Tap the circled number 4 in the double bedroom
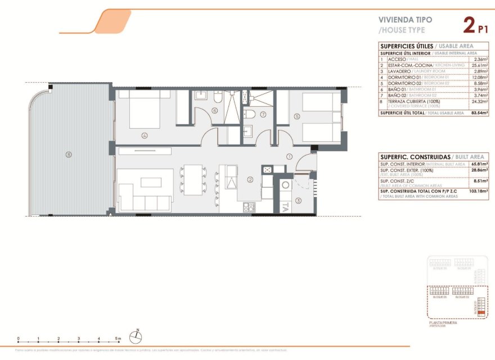point(145,135)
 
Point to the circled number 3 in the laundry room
point(299,200)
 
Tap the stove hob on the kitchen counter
point(267,169)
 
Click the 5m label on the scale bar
point(118,339)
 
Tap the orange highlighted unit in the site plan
point(480,311)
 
